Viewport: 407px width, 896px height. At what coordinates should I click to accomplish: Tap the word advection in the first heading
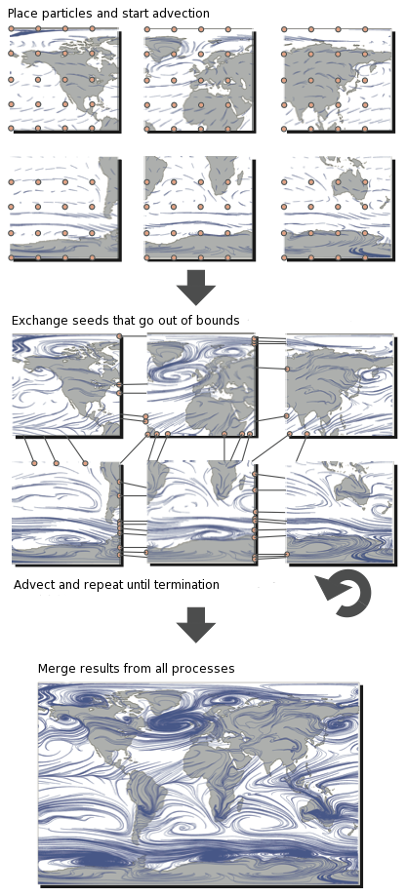tap(179, 14)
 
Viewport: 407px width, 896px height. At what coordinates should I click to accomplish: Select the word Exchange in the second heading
tap(40, 321)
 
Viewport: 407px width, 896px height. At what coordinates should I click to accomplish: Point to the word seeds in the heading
tap(94, 321)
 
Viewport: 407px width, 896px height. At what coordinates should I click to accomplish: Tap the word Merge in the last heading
tap(57, 669)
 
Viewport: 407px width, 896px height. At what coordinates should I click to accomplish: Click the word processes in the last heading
tap(206, 669)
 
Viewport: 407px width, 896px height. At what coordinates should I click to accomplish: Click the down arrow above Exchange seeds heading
tap(196, 287)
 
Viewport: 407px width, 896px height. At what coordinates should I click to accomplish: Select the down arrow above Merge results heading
tap(196, 624)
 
